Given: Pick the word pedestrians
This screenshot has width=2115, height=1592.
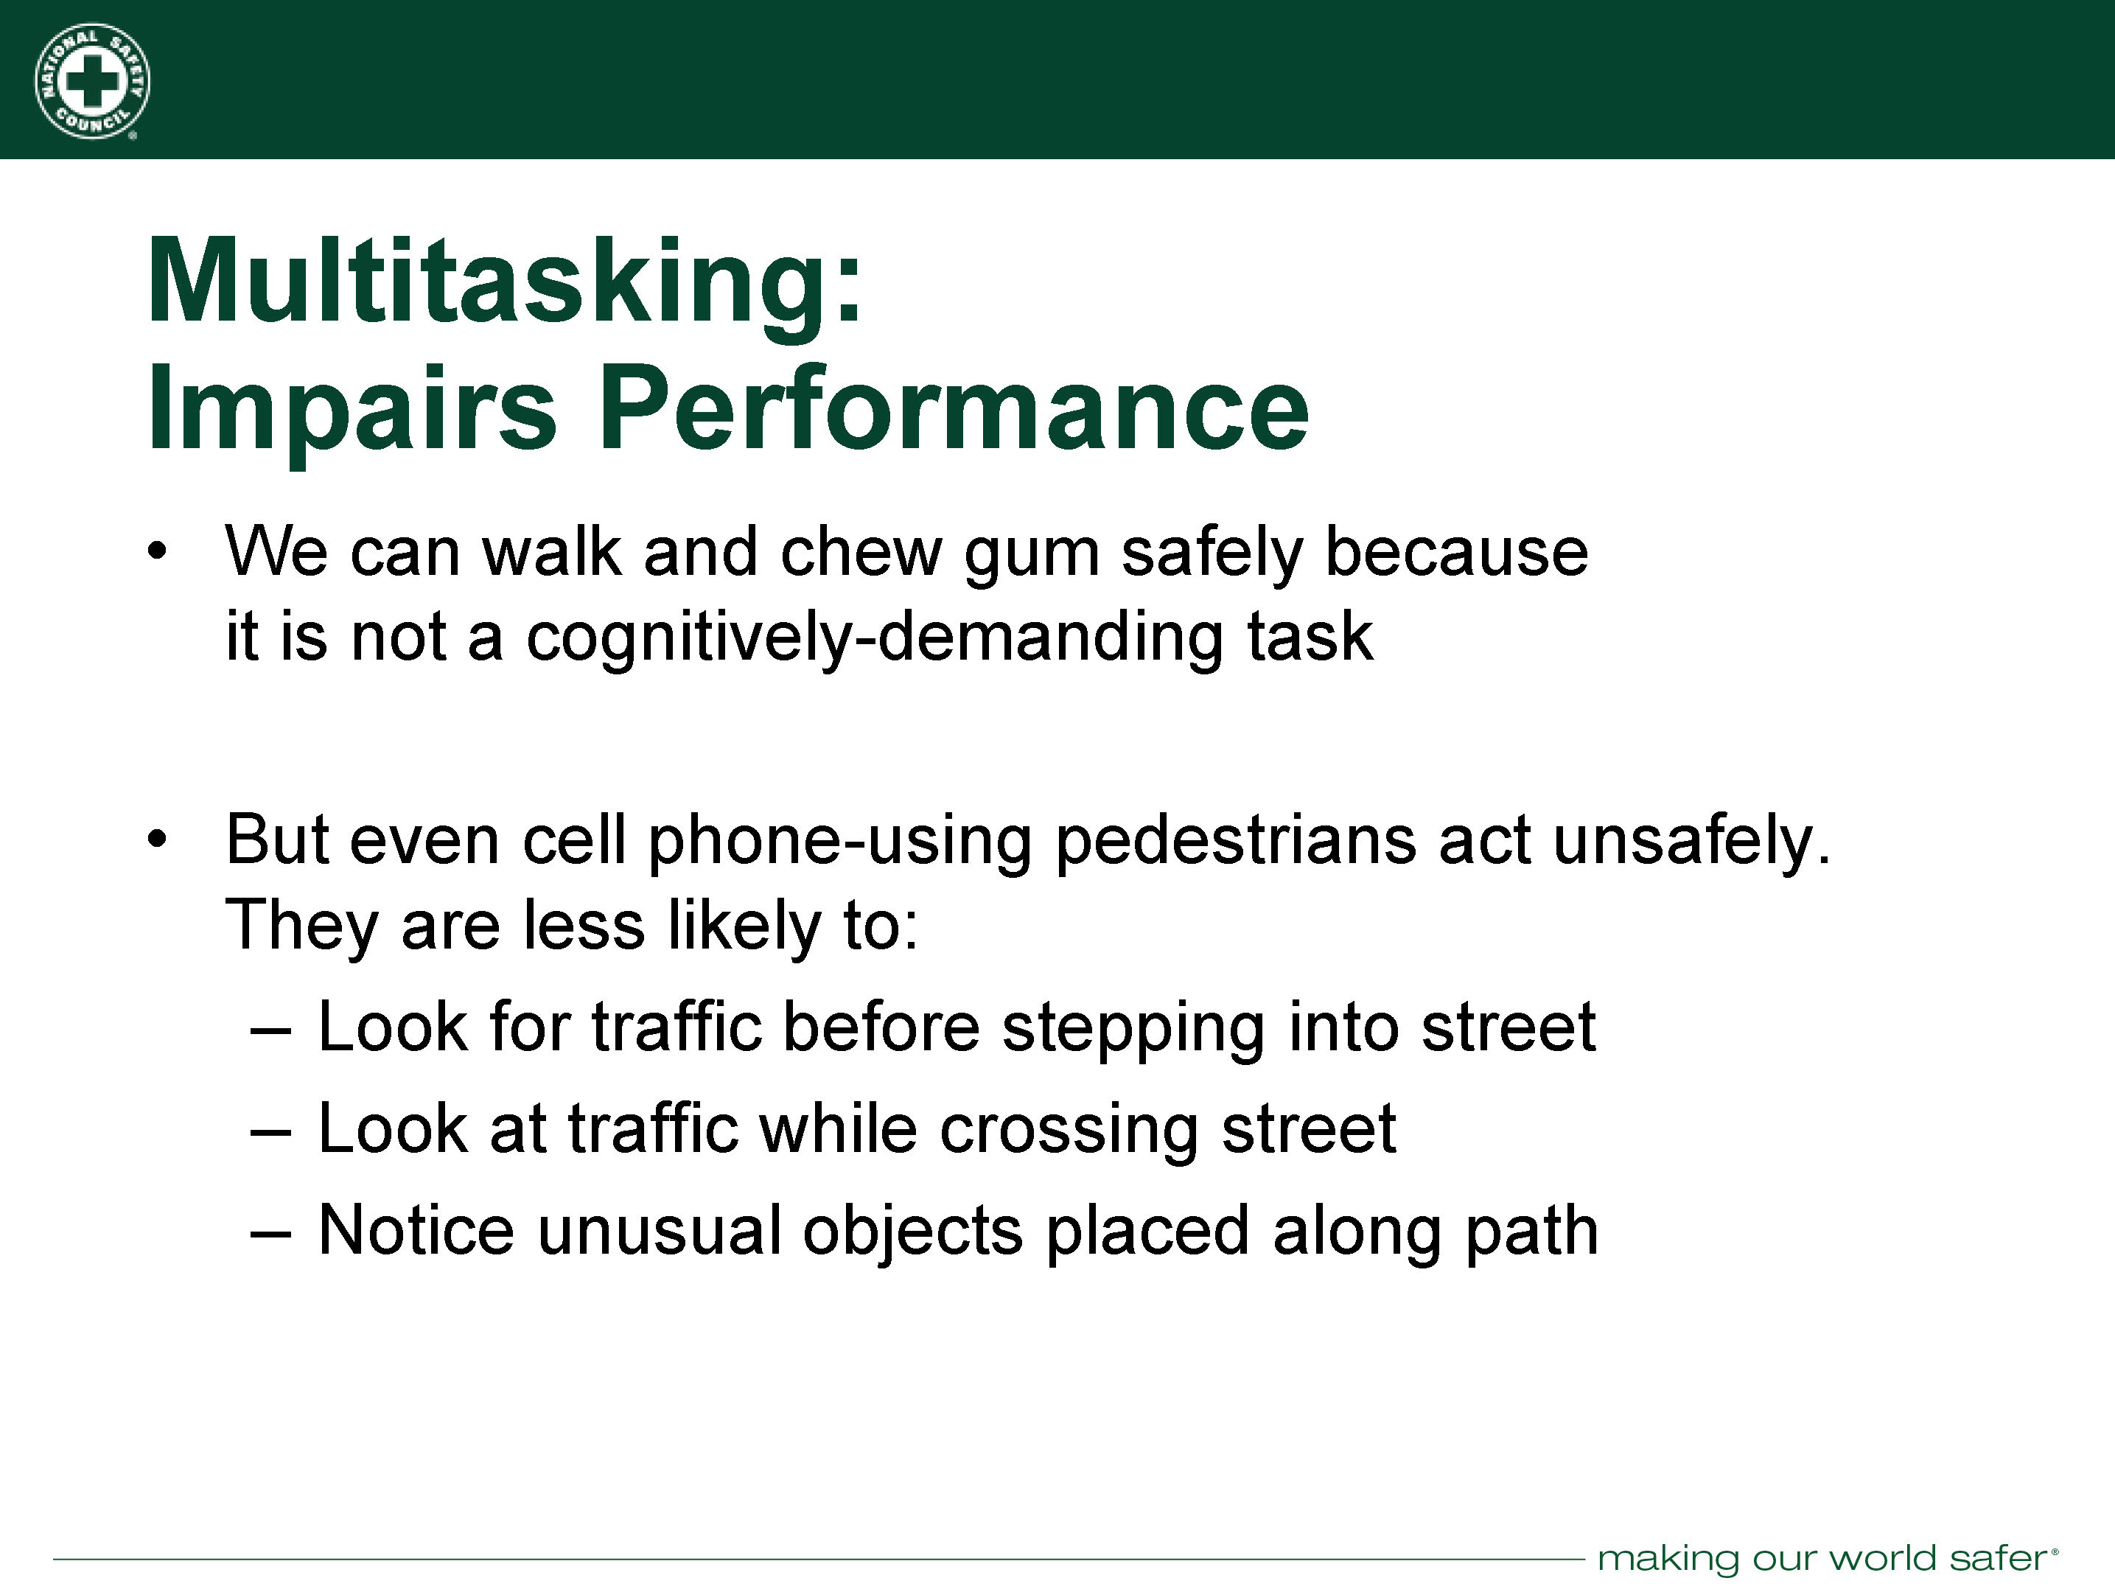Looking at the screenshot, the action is pyautogui.click(x=1235, y=842).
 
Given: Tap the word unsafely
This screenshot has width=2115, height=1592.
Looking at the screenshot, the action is pyautogui.click(x=1691, y=842).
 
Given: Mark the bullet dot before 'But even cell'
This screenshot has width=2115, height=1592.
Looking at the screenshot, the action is pyautogui.click(x=158, y=839).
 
